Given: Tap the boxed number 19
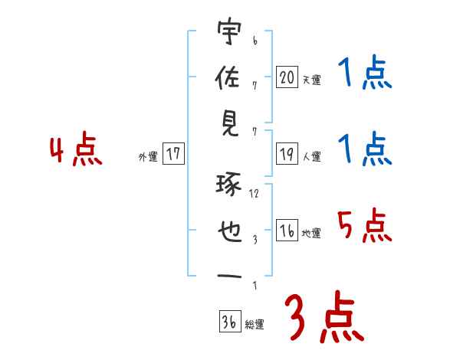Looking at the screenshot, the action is pos(286,155).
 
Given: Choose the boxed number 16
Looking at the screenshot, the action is pos(286,231).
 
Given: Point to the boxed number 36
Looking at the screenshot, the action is pos(228,322).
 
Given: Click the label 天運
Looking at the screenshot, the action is pos(311,80).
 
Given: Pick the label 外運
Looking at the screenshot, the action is pos(148,157).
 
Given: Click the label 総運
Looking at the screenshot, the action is pos(255,325).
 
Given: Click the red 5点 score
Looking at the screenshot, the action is pos(365,226).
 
